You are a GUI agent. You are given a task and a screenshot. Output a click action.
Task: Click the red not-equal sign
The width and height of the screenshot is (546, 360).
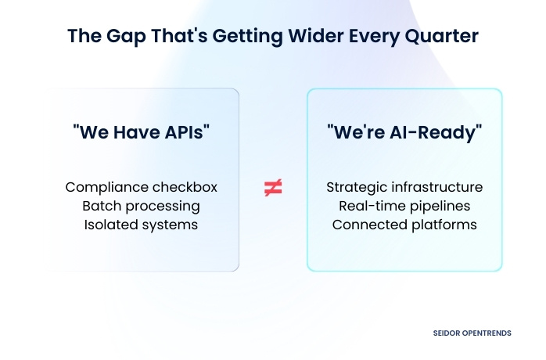click(x=273, y=188)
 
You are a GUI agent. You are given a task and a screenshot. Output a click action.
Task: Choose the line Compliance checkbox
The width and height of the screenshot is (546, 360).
click(x=141, y=187)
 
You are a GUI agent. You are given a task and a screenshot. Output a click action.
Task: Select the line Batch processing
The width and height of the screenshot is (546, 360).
click(x=141, y=206)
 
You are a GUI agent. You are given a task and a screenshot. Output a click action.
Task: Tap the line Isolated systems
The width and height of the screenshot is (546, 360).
click(x=141, y=225)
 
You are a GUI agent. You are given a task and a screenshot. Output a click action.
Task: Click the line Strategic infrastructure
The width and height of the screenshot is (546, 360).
click(x=404, y=187)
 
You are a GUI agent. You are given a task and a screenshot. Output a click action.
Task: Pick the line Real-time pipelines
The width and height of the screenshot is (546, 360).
click(x=404, y=206)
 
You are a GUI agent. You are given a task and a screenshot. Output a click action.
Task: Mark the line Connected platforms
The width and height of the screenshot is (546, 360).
click(x=404, y=225)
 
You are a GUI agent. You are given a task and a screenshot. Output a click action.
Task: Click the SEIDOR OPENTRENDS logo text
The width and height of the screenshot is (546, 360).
click(x=472, y=333)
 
